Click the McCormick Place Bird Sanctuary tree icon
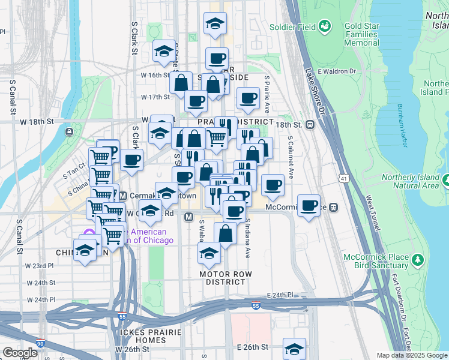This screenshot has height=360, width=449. click(x=418, y=261)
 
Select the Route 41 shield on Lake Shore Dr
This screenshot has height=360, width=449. click(x=343, y=179)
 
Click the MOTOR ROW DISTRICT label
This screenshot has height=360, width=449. click(x=225, y=278)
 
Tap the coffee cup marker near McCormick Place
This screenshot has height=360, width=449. click(x=309, y=206)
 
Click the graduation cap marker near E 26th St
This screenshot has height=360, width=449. click(x=294, y=348)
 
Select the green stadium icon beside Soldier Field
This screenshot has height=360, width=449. click(x=325, y=26)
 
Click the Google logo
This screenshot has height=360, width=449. click(x=20, y=353)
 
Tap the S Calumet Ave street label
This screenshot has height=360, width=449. click(x=291, y=157)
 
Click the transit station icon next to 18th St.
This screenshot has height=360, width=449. click(x=310, y=125)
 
